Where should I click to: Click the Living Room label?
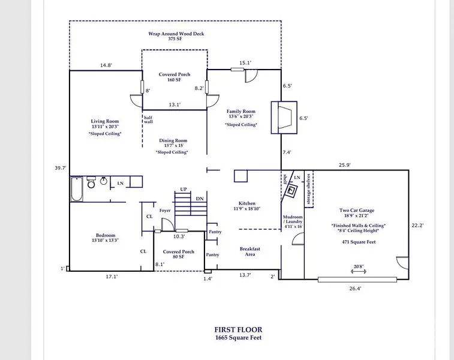pos(105,122)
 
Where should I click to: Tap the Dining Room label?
pos(173,141)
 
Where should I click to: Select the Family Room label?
pos(241,112)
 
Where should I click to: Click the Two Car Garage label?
pos(357,211)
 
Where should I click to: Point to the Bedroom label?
pos(105,235)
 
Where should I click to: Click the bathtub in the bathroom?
pos(76,190)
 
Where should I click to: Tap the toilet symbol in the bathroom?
pos(92,182)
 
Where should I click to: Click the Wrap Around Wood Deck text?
pos(176,34)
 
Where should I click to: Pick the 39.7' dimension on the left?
pos(60,169)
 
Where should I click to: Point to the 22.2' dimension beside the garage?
pos(417,226)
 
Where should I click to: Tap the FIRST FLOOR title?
pos(238,329)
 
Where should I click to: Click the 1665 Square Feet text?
pos(238,337)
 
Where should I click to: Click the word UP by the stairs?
pos(184,190)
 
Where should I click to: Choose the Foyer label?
pos(165,211)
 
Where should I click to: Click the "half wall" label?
pos(148,119)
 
